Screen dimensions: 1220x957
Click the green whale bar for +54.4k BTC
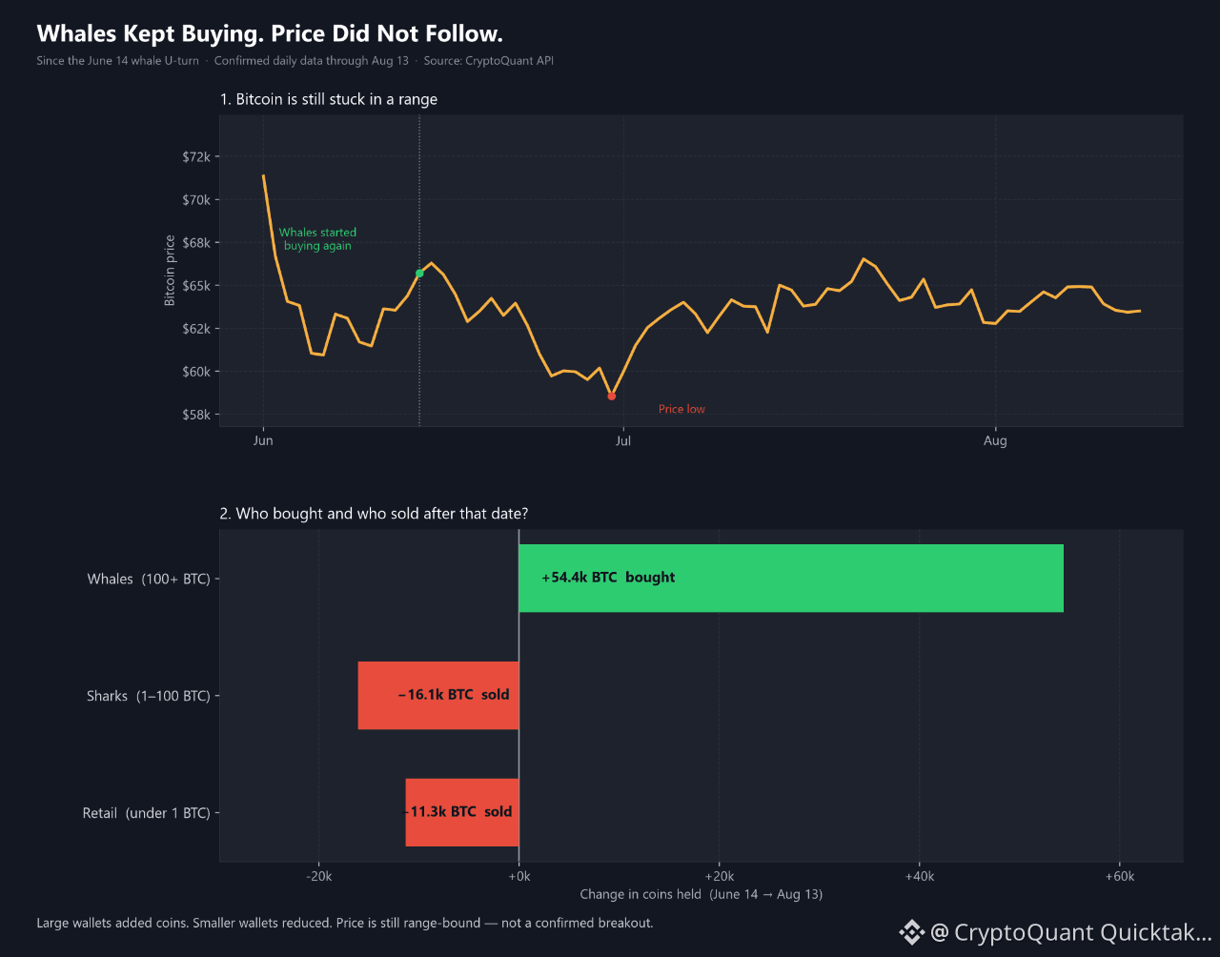coord(791,579)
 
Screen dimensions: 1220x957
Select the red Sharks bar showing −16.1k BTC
coord(438,696)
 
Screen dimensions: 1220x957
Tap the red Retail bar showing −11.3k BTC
coord(462,812)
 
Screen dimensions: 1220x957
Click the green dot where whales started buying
coord(419,274)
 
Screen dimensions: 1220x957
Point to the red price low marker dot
coord(612,397)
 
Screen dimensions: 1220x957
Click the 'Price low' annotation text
coord(681,409)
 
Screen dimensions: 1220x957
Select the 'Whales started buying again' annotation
coord(317,239)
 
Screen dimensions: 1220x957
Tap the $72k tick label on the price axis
coord(196,156)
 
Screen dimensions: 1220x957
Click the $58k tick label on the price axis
coord(196,415)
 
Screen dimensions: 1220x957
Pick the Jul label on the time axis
coord(623,440)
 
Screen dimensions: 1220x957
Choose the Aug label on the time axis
coord(995,440)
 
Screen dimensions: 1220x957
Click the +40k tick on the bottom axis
coord(920,876)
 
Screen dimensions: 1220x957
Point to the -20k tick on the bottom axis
coord(319,876)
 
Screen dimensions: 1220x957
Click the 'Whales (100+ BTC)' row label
coord(149,579)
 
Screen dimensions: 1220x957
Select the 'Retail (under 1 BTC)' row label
coord(147,813)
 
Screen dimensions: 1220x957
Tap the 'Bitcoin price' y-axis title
coord(170,271)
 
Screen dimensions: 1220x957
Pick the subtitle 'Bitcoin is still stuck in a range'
coord(336,99)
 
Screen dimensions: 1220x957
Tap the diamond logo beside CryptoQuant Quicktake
coord(912,932)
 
